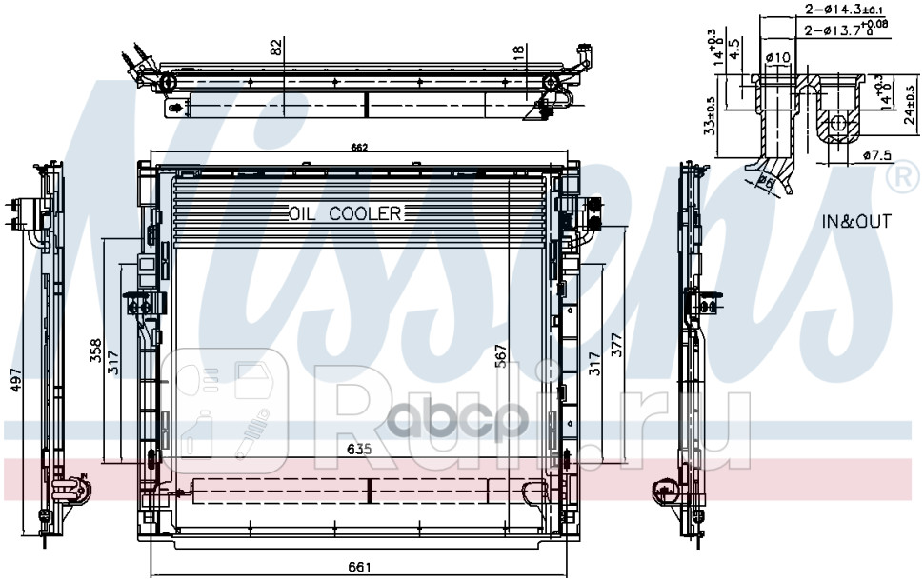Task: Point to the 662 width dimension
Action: (x=359, y=147)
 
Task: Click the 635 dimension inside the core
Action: (x=358, y=448)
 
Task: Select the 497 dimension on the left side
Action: (x=12, y=381)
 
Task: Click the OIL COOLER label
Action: (x=345, y=213)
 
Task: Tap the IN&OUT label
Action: (x=856, y=222)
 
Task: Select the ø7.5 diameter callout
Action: (x=875, y=155)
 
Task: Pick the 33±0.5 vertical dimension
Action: (x=708, y=117)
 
